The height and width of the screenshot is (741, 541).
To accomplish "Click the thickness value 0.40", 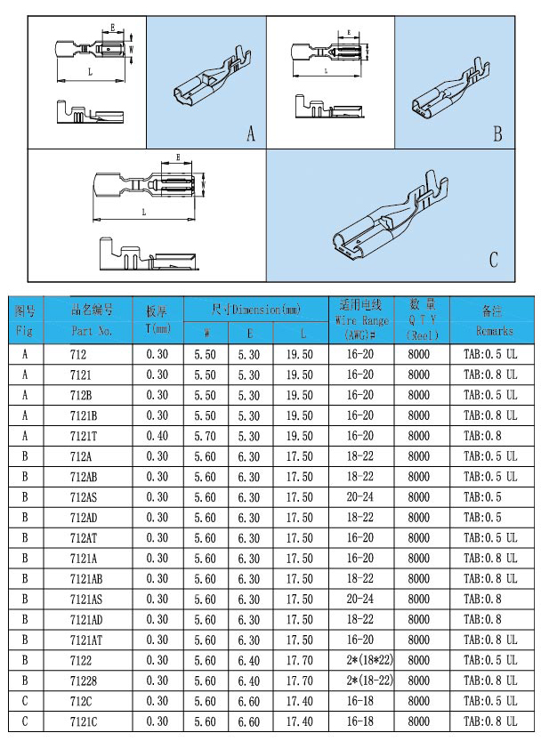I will coord(157,436).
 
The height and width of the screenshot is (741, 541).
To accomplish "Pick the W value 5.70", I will coord(206,436).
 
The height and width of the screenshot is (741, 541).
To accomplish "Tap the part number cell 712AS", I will coord(84,496).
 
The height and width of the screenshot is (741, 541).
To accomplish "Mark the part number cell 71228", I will coord(82,680).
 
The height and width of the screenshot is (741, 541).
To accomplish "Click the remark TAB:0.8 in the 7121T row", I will coord(482,436).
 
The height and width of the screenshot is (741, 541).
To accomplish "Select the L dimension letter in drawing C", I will coord(143,213).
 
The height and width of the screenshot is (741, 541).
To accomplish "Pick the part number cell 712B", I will coord(81,395).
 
